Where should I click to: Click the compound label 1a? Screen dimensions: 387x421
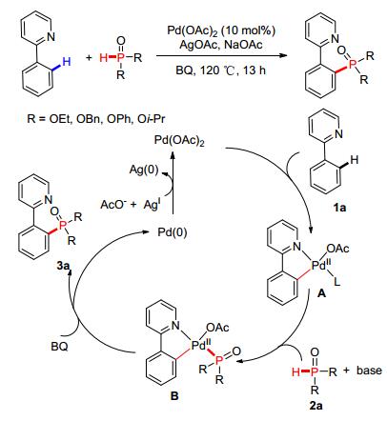(339, 208)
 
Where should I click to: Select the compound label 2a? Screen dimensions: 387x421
(316, 406)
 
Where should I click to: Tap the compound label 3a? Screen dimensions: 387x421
(63, 266)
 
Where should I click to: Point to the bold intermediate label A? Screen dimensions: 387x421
(322, 293)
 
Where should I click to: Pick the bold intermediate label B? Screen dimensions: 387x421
(174, 396)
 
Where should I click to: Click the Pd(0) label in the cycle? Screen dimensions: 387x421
(173, 232)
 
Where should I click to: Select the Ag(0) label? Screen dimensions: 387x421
(144, 170)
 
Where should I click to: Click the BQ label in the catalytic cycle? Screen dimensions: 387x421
(59, 347)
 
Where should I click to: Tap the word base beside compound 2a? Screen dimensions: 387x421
(369, 371)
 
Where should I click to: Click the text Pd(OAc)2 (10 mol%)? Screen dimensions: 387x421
(221, 30)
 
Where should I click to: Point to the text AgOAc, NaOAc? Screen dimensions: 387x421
(221, 45)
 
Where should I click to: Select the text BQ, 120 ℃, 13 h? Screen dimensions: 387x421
(221, 70)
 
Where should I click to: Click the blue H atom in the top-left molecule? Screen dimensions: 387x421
(67, 62)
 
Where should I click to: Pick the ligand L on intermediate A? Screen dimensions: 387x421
(337, 281)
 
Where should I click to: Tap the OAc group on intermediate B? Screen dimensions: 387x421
(217, 328)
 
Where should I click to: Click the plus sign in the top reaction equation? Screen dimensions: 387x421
(89, 57)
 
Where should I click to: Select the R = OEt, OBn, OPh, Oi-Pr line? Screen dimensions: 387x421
(96, 119)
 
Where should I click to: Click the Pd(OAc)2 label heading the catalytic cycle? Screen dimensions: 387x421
(179, 140)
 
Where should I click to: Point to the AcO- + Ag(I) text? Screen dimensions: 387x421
(130, 204)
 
